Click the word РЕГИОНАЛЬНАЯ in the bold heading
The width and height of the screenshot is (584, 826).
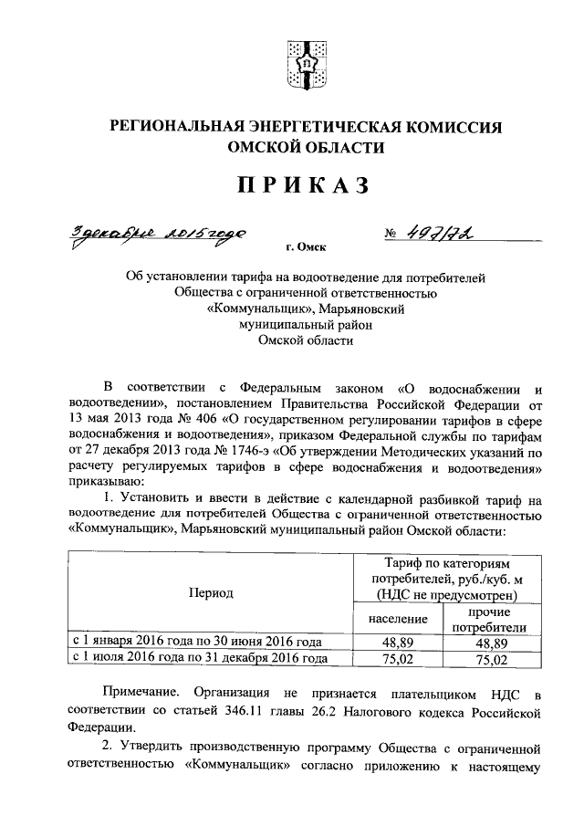tap(181, 127)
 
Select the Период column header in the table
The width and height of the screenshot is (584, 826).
tap(211, 592)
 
